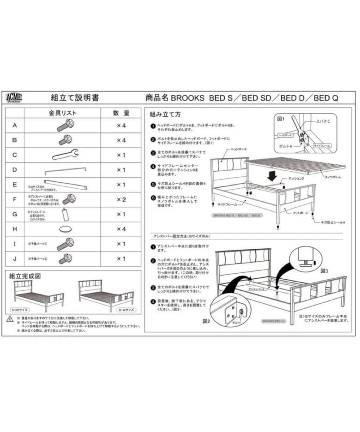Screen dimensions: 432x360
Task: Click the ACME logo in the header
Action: (x=14, y=98)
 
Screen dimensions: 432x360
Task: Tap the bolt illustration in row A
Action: (x=64, y=126)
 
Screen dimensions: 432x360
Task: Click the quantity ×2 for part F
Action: (x=121, y=199)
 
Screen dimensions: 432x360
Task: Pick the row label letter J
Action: (x=15, y=258)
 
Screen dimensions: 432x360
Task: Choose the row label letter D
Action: (x=15, y=170)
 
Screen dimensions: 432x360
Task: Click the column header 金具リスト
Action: (x=62, y=113)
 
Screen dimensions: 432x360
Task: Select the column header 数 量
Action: (x=121, y=113)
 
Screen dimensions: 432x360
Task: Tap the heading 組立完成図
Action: (x=26, y=276)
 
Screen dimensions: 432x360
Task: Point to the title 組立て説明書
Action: (x=75, y=98)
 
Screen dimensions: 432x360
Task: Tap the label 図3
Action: (x=325, y=270)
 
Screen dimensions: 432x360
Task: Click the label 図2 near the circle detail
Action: (x=206, y=322)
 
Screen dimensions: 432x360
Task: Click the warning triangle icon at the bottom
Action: (x=10, y=319)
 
